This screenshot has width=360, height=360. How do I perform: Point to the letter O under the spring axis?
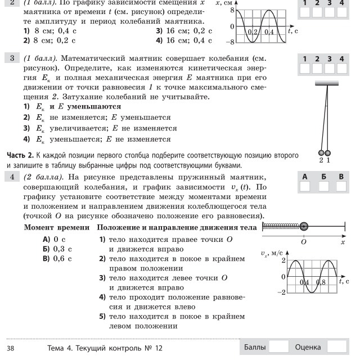point(304,240)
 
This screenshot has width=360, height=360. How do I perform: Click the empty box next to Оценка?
point(336,347)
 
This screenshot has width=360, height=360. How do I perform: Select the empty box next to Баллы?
point(279,347)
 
